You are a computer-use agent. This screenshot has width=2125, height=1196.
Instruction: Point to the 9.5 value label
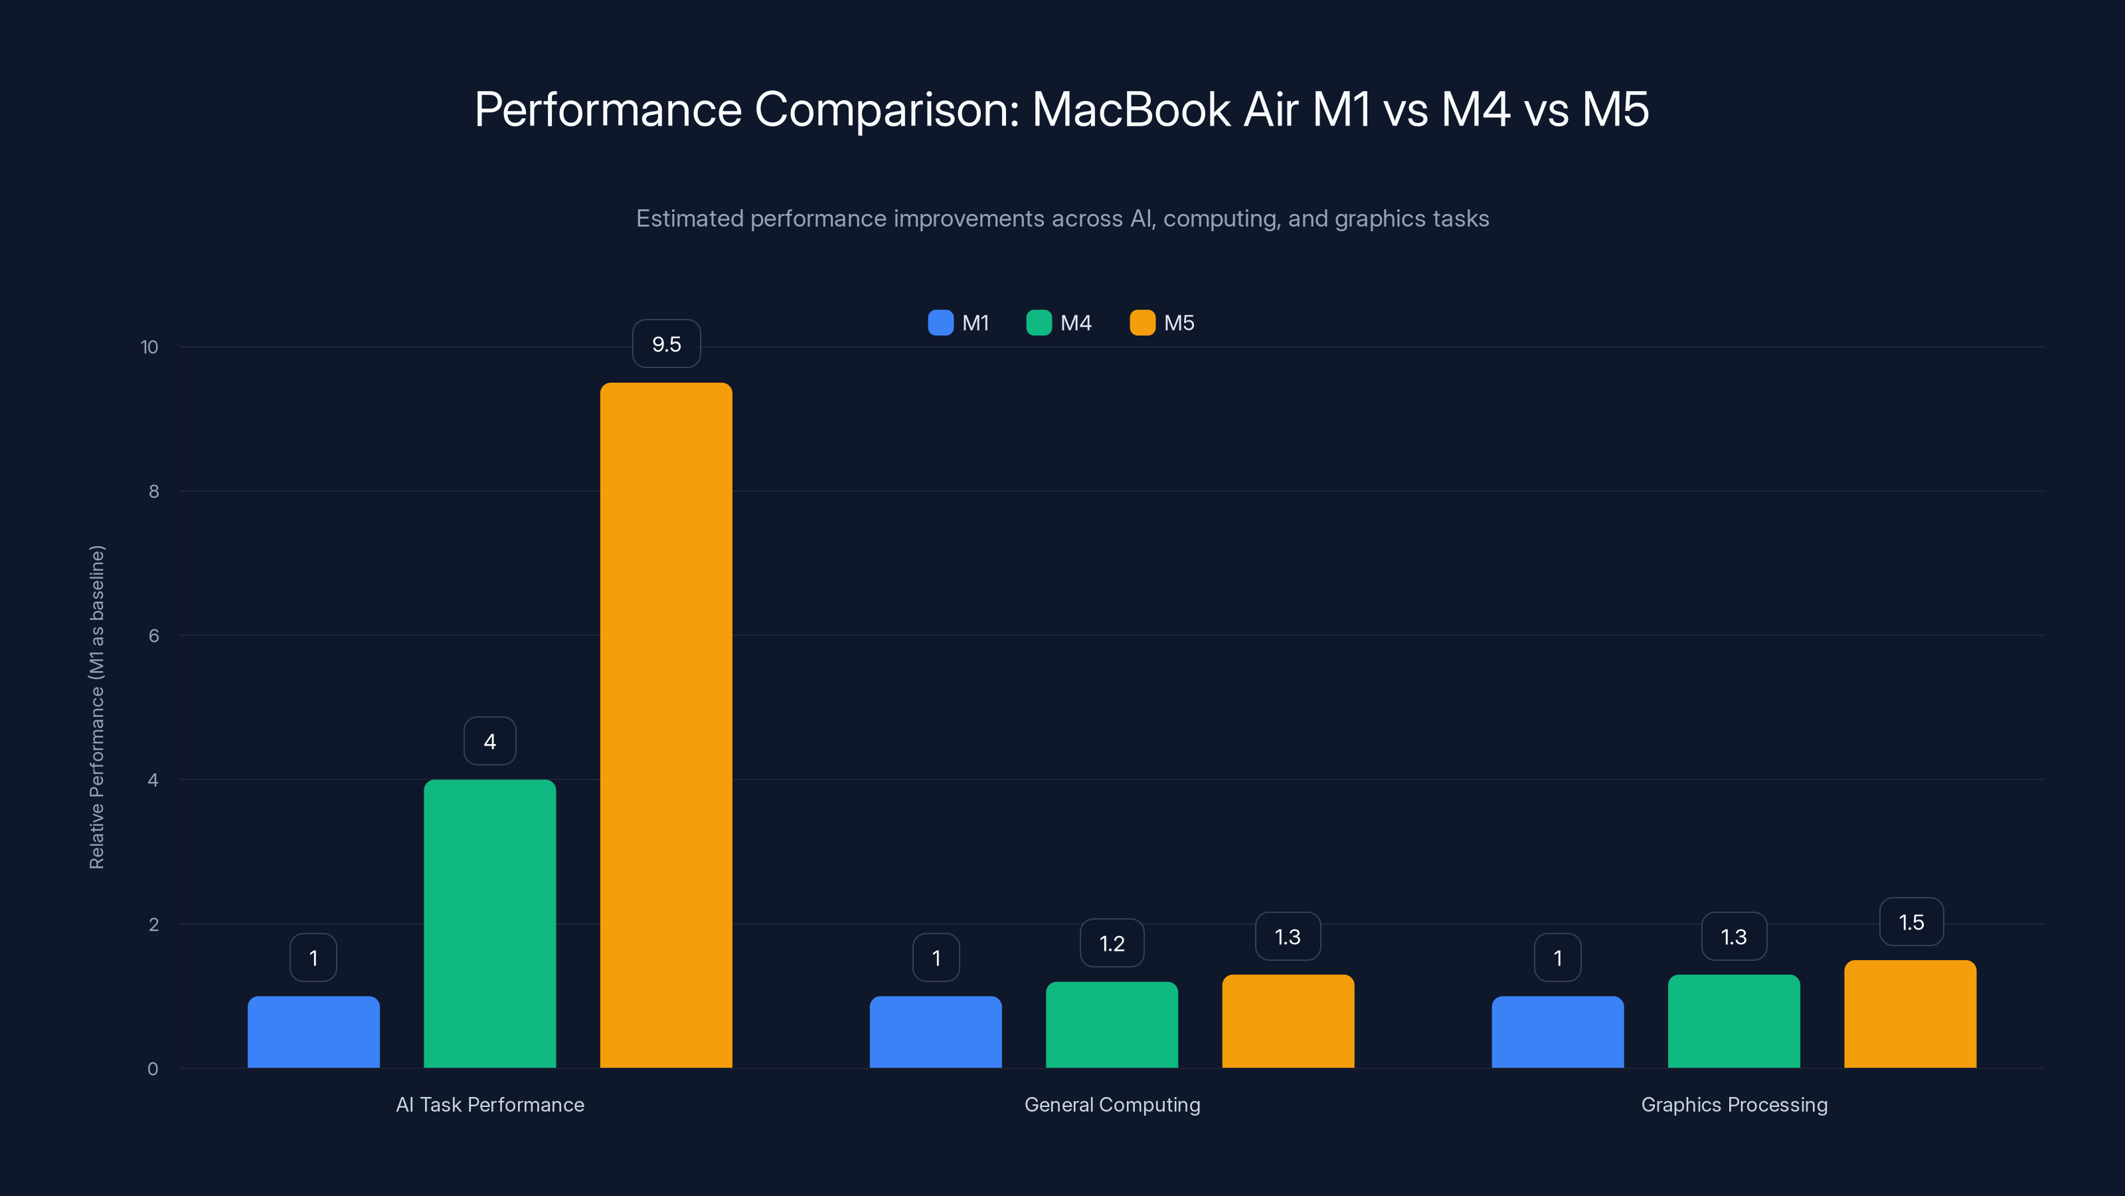coord(665,344)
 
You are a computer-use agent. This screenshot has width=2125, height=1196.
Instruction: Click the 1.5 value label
coord(1911,922)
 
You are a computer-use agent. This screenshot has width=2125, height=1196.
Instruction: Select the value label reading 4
coord(489,742)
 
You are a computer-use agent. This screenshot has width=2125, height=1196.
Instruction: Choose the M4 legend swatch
coord(1039,323)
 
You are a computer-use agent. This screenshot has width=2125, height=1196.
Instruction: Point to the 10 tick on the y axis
coord(149,347)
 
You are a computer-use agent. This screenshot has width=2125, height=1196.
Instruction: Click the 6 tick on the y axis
coord(153,636)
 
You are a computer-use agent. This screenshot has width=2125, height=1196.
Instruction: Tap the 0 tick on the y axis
coord(153,1069)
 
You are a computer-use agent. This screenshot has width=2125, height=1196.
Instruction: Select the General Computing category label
coord(1112,1104)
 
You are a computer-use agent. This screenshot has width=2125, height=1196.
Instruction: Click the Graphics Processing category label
coord(1734,1104)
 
